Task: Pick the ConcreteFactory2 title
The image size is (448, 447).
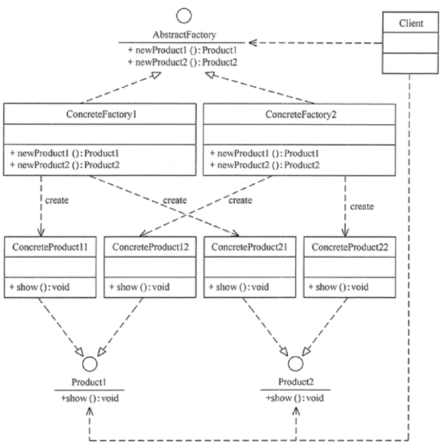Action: pos(299,114)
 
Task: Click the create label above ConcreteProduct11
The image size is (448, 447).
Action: pos(57,201)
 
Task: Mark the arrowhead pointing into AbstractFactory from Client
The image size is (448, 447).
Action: pos(253,43)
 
